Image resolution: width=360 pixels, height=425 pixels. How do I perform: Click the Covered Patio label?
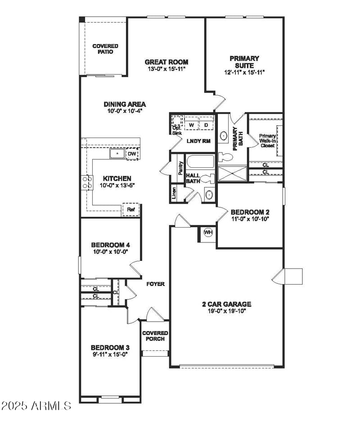coord(105,49)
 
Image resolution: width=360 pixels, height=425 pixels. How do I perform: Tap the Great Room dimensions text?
coord(166,69)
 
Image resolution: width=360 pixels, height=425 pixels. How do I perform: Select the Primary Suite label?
coord(244,62)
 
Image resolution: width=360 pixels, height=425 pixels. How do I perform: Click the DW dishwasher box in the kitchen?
coord(132,154)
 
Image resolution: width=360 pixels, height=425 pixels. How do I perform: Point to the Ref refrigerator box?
coord(130,210)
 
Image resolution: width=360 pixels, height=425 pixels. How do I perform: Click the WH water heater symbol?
coord(208,232)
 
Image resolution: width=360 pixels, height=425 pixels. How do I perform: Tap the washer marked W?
coord(191,125)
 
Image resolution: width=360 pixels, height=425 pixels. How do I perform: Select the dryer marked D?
coord(206,125)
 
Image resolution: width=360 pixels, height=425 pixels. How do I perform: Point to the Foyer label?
coord(156,284)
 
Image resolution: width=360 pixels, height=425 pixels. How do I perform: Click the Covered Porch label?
coord(155,336)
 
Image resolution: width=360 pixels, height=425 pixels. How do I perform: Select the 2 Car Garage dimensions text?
coord(226,311)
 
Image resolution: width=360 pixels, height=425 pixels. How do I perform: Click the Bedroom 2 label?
coord(250,212)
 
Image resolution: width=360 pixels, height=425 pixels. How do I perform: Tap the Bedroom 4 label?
coord(110,245)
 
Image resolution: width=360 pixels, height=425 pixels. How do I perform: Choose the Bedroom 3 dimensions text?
coord(110,354)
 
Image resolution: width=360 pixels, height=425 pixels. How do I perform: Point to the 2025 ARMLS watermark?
coord(36,406)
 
